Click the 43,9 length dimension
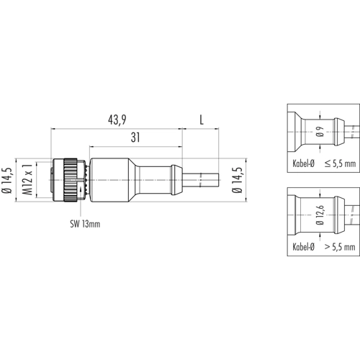click(x=117, y=120)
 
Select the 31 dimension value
click(x=135, y=138)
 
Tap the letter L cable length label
click(x=202, y=120)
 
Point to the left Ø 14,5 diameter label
click(x=7, y=181)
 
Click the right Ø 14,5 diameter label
click(x=238, y=180)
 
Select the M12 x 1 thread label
click(x=27, y=179)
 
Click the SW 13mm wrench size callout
click(x=85, y=224)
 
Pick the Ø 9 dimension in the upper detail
click(x=320, y=132)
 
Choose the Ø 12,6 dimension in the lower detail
click(x=320, y=215)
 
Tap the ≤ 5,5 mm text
click(x=340, y=163)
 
